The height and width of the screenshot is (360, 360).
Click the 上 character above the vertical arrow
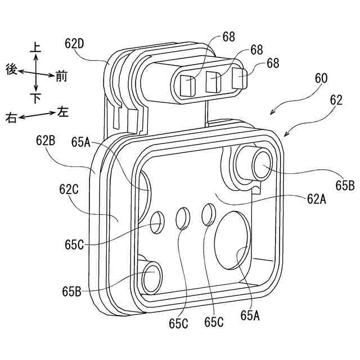pyautogui.click(x=35, y=49)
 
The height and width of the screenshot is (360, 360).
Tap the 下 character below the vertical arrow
pyautogui.click(x=35, y=98)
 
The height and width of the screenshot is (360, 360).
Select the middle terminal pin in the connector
pyautogui.click(x=213, y=82)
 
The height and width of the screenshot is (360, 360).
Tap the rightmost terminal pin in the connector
pyautogui.click(x=238, y=78)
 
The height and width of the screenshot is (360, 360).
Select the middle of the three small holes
pyautogui.click(x=183, y=218)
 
